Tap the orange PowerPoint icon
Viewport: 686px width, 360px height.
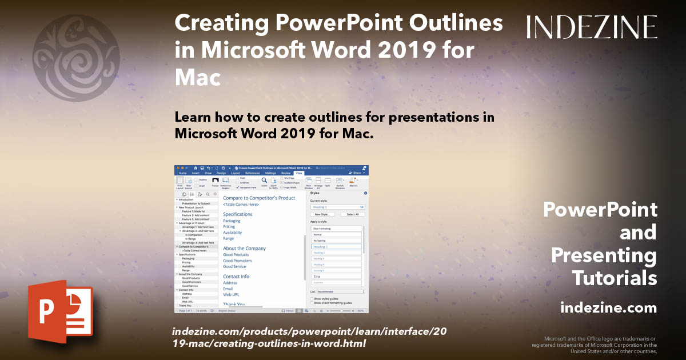[60, 312]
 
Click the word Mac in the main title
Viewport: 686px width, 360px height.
[197, 77]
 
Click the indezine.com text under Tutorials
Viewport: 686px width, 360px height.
[608, 308]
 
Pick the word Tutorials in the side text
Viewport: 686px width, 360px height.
[615, 278]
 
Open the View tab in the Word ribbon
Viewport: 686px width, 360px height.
[298, 173]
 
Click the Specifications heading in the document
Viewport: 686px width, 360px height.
[237, 214]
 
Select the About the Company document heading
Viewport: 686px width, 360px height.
[244, 249]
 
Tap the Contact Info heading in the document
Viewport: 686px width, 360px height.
[236, 277]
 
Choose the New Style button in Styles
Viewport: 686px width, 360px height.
[324, 214]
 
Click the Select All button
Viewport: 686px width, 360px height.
[353, 214]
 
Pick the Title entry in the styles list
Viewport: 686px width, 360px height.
[317, 277]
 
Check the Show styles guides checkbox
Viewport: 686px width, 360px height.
[312, 298]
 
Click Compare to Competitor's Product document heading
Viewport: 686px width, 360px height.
[259, 198]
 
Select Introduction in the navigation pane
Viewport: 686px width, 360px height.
[186, 199]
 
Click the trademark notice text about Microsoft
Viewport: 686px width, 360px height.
[595, 345]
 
